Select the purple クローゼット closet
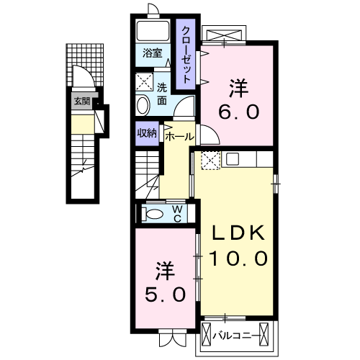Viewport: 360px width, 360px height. pyautogui.click(x=186, y=53)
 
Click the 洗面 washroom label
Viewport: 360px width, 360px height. pyautogui.click(x=162, y=94)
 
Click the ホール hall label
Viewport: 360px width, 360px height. pyautogui.click(x=179, y=135)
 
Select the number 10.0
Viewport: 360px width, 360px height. pyautogui.click(x=239, y=256)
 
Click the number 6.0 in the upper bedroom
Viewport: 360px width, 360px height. pyautogui.click(x=238, y=113)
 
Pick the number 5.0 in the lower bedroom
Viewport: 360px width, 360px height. pyautogui.click(x=164, y=294)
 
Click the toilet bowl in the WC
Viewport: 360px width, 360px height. pyautogui.click(x=153, y=213)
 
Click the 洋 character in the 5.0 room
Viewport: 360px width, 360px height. pyautogui.click(x=164, y=271)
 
